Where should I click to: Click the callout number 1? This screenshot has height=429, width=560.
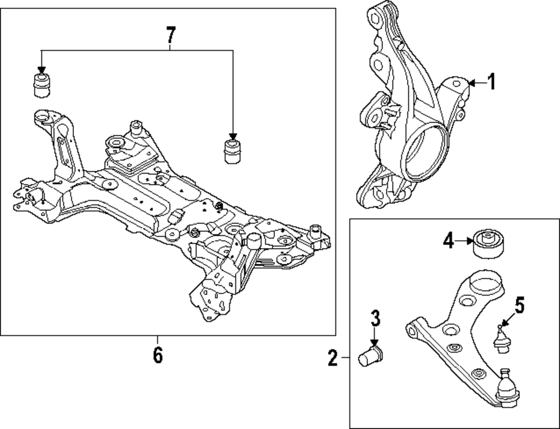(x=491, y=83)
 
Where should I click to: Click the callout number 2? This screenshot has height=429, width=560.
(x=333, y=357)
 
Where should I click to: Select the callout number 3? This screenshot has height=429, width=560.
(x=375, y=319)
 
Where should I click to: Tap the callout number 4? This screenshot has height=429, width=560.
(x=448, y=241)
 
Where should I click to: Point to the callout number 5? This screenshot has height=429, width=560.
(x=520, y=306)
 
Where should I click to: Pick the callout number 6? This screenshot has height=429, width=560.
(x=157, y=355)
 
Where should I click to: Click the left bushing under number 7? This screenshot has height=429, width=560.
(x=40, y=82)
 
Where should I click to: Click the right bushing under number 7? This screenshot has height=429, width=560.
(x=232, y=150)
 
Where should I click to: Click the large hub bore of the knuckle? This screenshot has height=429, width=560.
(x=426, y=151)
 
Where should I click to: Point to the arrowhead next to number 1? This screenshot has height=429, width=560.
(x=471, y=83)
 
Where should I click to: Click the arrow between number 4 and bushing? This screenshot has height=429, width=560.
(x=465, y=241)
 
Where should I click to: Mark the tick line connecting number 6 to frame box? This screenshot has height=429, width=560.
(x=157, y=340)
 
